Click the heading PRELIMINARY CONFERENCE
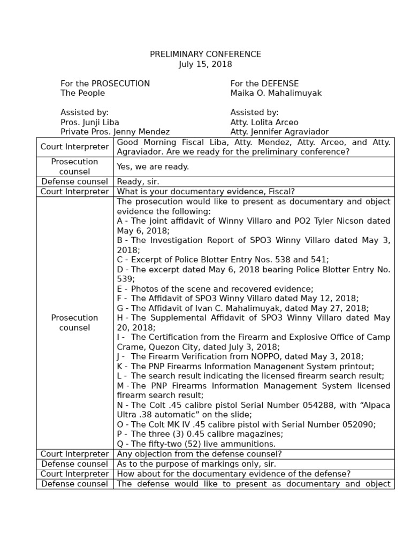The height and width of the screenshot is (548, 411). [205, 55]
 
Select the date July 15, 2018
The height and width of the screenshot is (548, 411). [205, 64]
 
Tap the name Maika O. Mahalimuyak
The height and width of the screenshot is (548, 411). [276, 93]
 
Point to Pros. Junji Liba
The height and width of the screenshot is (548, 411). [89, 122]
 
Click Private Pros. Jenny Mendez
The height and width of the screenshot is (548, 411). [115, 132]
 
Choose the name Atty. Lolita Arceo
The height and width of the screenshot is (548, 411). [264, 122]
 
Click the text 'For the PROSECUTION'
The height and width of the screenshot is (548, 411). [105, 83]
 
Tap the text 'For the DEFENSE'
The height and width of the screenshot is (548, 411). [264, 83]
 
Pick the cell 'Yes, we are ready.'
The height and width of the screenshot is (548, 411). [153, 167]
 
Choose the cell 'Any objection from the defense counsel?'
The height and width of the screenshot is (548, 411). [199, 454]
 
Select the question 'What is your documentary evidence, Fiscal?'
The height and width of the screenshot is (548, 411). [206, 192]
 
